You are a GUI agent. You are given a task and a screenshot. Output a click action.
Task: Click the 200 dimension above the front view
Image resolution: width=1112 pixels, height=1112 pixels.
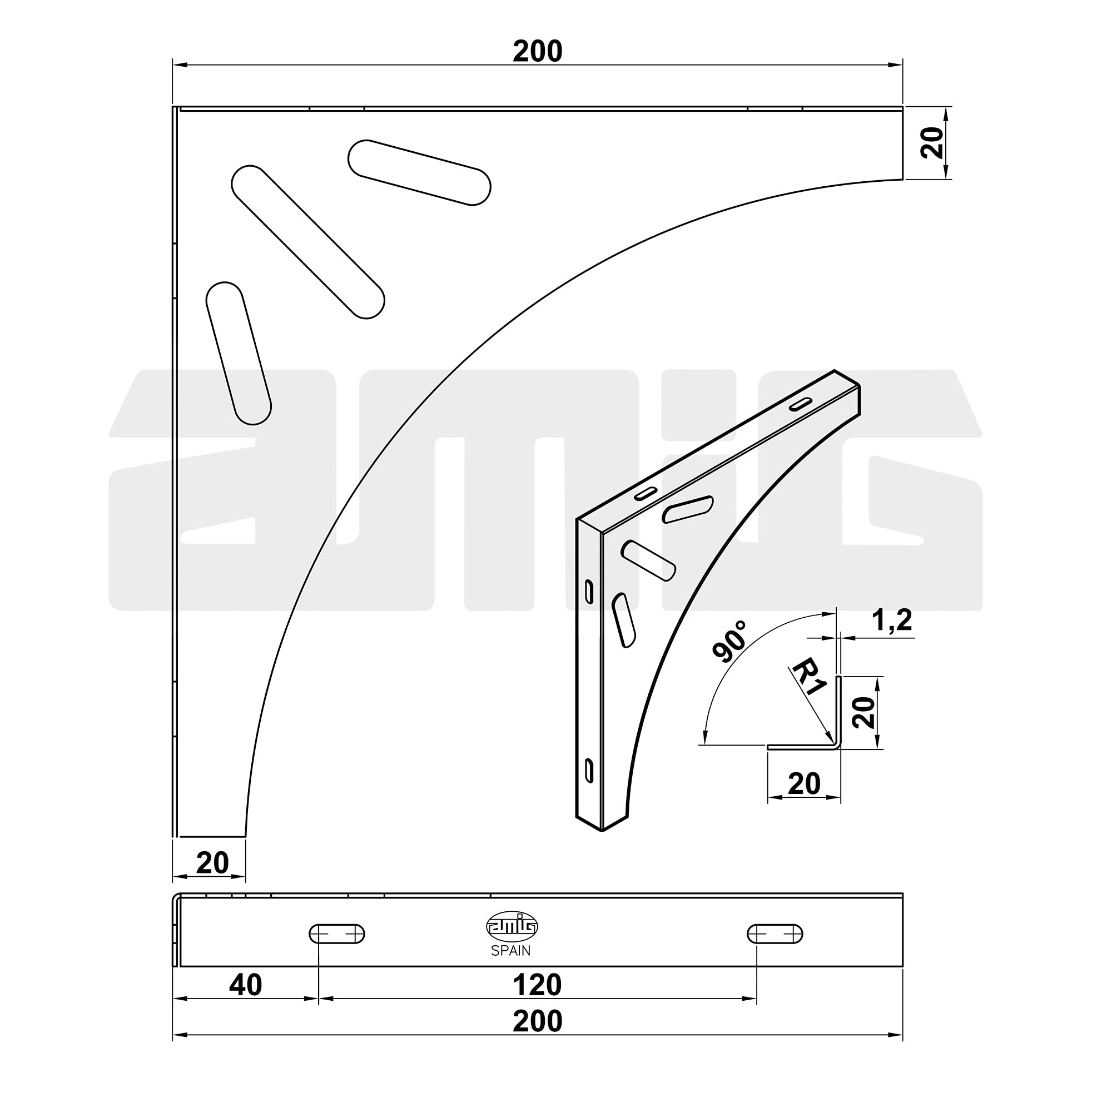537,51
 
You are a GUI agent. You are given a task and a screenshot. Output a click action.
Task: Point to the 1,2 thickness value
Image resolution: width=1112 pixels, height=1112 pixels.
892,620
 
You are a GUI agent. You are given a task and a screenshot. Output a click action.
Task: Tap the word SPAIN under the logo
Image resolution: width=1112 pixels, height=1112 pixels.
510,951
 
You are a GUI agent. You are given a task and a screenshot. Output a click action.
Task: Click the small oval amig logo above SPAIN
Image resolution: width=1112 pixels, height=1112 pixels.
512,927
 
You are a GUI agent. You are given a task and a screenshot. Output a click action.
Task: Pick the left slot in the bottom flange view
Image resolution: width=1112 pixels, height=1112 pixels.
337,934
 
